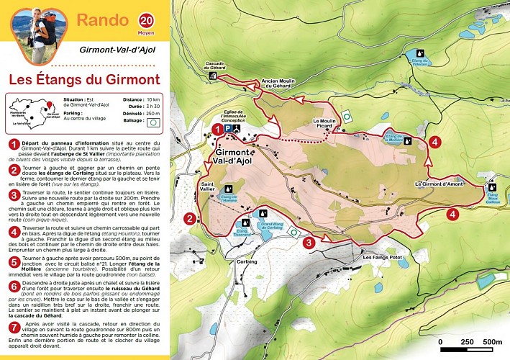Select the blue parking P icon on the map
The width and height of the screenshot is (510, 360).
point(228,128)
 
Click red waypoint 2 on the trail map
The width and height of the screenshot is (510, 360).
point(189,219)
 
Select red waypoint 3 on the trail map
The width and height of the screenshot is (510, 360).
point(309,243)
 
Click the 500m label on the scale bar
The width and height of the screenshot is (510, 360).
point(491,341)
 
